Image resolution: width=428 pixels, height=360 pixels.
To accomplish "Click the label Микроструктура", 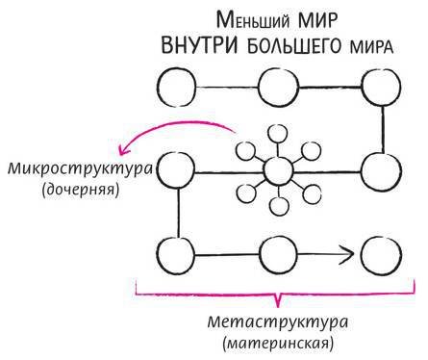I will tap(65, 168).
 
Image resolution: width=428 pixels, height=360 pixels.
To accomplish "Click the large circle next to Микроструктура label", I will tap(177, 171).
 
